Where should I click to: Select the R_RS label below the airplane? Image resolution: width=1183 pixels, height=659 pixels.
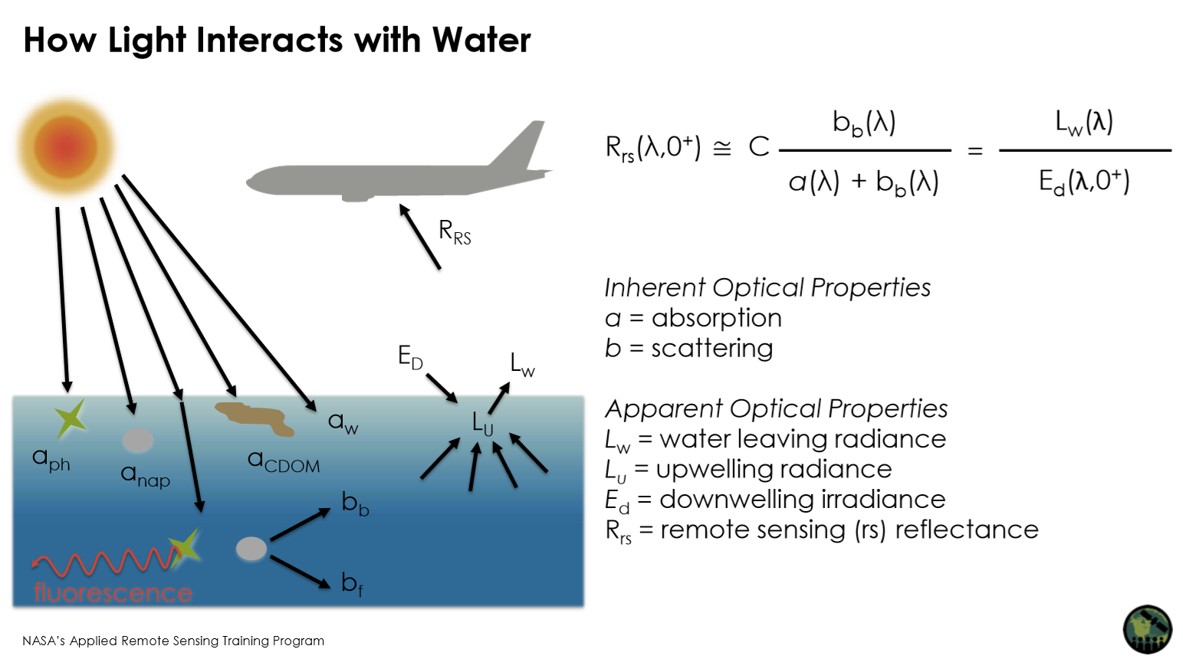(x=455, y=231)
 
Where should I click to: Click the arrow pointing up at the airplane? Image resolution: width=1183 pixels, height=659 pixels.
(x=419, y=236)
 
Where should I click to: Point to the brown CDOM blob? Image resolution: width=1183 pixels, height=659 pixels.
(x=255, y=418)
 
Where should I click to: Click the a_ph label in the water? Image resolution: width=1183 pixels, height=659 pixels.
(x=51, y=460)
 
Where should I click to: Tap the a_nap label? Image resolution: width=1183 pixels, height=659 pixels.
(x=145, y=476)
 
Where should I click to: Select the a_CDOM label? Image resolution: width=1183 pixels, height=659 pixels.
(x=284, y=461)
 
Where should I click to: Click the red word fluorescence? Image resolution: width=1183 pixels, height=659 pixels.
(x=113, y=592)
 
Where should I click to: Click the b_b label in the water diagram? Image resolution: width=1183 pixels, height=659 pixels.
(x=355, y=503)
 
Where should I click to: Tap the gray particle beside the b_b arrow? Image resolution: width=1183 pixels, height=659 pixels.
(x=251, y=548)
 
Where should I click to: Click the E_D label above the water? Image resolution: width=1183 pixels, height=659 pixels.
(x=410, y=356)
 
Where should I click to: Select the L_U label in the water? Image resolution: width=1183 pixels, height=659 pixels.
(x=482, y=423)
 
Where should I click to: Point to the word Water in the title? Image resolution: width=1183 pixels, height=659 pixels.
(x=481, y=40)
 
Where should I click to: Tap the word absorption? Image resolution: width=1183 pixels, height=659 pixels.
(x=716, y=318)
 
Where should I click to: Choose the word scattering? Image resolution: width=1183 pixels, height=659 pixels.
(x=711, y=349)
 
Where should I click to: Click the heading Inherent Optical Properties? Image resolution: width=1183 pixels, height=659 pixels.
(x=767, y=287)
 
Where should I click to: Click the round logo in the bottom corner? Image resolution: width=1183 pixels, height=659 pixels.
(x=1147, y=629)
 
